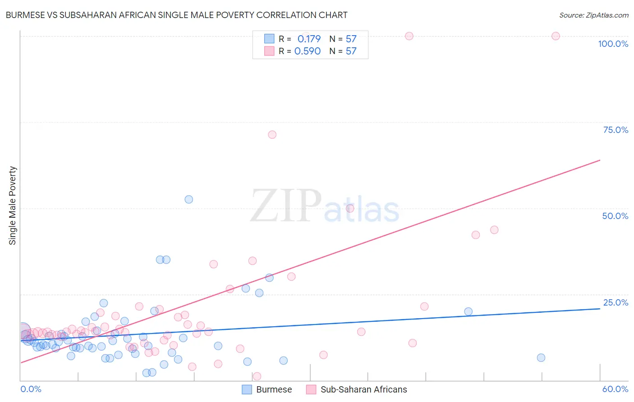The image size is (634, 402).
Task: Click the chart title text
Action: point(176,15)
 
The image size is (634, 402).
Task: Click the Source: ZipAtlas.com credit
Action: point(593,15)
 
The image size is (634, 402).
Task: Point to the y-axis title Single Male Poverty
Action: point(13,206)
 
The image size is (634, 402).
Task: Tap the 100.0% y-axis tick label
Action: point(613,44)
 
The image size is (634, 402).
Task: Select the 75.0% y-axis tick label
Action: point(616,130)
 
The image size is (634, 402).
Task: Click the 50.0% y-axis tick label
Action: point(615,216)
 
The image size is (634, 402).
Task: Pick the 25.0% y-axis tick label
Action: point(616,302)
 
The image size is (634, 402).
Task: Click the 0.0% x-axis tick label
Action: point(31,389)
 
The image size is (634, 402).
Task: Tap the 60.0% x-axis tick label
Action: point(615,389)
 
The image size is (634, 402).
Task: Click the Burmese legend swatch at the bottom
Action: point(247,389)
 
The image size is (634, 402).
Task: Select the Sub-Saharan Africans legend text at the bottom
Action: point(363,389)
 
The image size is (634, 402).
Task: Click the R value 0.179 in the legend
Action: point(309,39)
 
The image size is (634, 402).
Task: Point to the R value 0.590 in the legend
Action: point(308,51)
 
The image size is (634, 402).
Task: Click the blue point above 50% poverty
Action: point(189,199)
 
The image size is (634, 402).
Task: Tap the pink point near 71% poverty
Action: point(272,135)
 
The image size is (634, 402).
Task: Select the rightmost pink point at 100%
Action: point(556,36)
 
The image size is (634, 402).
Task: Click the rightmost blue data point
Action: point(541,358)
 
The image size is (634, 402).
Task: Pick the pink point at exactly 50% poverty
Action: point(350,209)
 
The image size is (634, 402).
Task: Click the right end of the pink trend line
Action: point(600,160)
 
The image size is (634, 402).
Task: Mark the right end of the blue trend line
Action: point(600,309)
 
